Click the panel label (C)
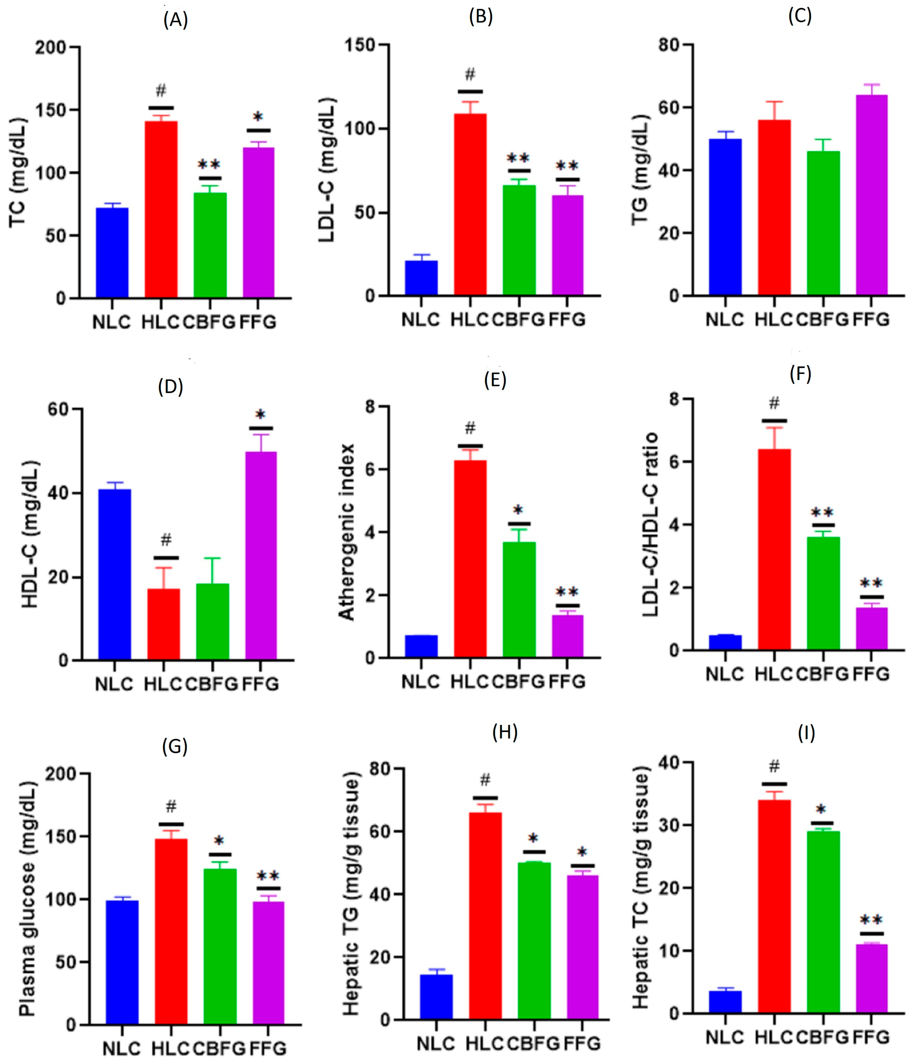(x=799, y=16)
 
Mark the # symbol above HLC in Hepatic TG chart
(x=485, y=781)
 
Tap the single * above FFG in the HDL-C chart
(x=261, y=415)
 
